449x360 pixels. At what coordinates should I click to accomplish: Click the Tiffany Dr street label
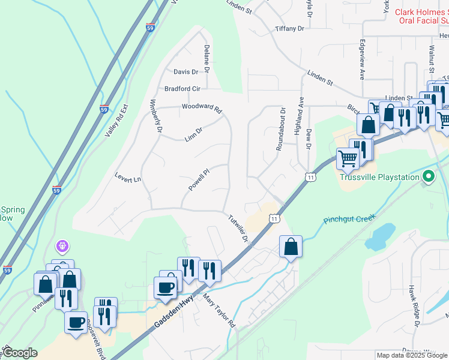click(290, 28)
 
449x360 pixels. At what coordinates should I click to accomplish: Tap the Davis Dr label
click(185, 71)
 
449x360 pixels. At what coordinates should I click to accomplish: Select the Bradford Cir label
click(182, 89)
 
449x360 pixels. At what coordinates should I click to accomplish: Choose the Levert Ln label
click(128, 178)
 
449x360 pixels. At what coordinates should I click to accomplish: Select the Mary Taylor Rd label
click(219, 310)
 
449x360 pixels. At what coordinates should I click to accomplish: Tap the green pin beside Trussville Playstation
click(428, 177)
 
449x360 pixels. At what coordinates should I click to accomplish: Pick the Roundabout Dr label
click(280, 129)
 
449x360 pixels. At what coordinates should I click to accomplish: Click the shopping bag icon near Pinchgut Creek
click(291, 247)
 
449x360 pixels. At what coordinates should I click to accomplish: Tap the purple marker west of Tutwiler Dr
click(62, 245)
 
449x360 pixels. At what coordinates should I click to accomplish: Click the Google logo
click(19, 353)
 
